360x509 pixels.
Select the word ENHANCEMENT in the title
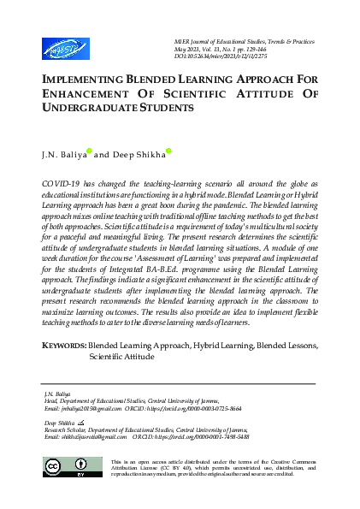85,93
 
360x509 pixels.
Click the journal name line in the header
257,41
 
